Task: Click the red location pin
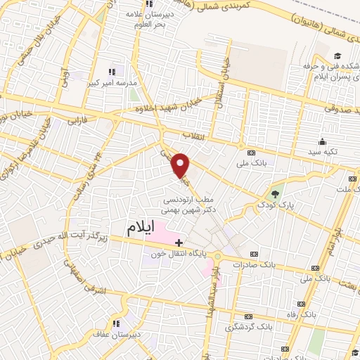point(181,165)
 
